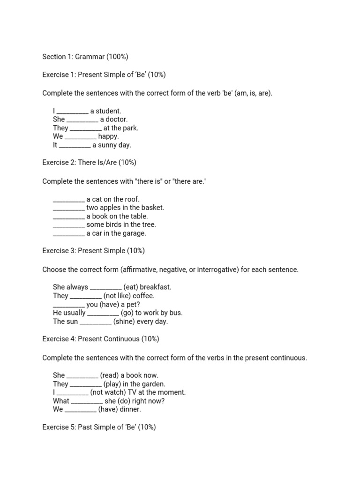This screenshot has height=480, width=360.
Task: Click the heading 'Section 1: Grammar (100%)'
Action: pos(85,57)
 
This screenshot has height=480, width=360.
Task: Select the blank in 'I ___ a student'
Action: pos(72,111)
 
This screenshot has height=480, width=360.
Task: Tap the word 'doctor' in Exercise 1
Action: pos(117,120)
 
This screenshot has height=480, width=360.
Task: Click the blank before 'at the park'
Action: pos(85,128)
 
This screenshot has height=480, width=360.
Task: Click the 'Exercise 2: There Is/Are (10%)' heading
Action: pos(89,163)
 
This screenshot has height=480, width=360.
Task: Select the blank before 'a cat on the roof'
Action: pos(69,199)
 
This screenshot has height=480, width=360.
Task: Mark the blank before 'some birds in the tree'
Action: pos(69,225)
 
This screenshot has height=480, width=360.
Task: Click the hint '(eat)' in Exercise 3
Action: pos(131,287)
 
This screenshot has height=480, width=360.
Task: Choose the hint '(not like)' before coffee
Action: pos(117,296)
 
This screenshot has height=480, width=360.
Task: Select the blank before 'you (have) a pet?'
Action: pos(69,304)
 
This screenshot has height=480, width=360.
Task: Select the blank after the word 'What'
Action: pos(87,401)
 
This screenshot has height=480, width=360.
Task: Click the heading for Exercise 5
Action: pos(99,427)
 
